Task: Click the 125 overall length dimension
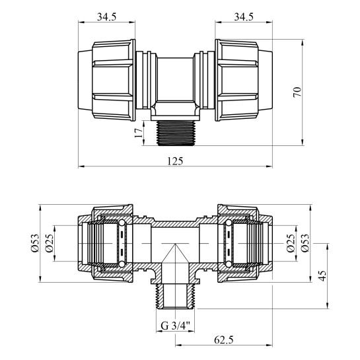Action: (175, 161)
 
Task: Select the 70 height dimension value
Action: (297, 92)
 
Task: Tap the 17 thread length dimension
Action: (138, 133)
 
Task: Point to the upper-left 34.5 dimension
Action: (106, 17)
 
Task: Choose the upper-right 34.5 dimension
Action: (244, 17)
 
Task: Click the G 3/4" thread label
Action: (176, 326)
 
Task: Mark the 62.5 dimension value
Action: (224, 340)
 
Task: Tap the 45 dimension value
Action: (322, 276)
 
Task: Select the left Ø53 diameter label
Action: (35, 243)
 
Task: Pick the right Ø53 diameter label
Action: (305, 243)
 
